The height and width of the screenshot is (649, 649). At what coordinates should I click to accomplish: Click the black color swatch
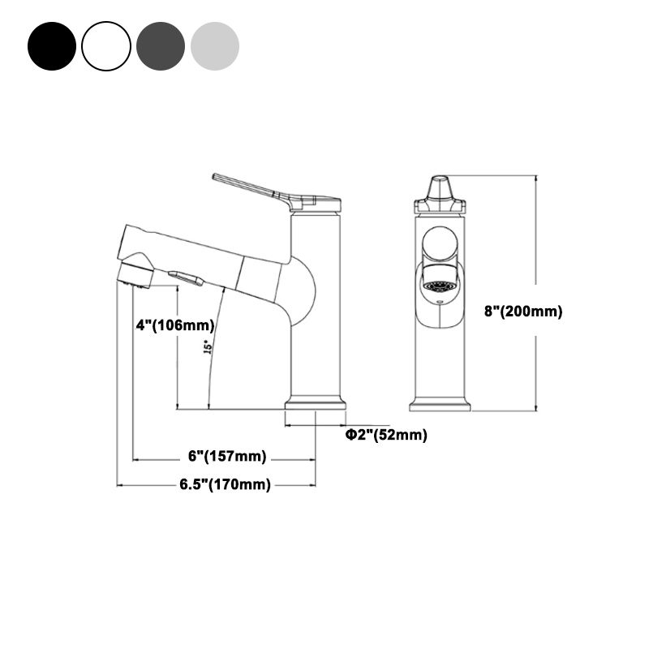(x=52, y=46)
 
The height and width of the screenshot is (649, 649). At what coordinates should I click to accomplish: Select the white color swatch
(x=106, y=46)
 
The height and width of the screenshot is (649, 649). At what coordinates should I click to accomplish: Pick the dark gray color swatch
(x=161, y=46)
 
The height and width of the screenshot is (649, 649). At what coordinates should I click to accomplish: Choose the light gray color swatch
(x=215, y=46)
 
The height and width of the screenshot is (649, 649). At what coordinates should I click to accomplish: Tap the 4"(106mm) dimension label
(x=174, y=325)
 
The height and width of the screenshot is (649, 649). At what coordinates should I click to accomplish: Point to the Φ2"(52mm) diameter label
(x=386, y=435)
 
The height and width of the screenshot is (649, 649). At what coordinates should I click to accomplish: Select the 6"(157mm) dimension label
(x=227, y=457)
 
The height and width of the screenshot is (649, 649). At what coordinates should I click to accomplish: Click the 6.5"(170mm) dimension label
(x=224, y=485)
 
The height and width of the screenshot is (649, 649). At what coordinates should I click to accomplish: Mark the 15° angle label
(x=208, y=346)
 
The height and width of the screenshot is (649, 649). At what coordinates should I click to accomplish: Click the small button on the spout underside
(x=186, y=279)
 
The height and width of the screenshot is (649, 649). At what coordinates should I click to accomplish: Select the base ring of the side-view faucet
(x=316, y=403)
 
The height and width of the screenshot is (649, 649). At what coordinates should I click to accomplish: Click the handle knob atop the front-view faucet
(x=440, y=189)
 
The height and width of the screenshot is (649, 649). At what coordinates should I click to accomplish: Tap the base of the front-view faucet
(x=440, y=403)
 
